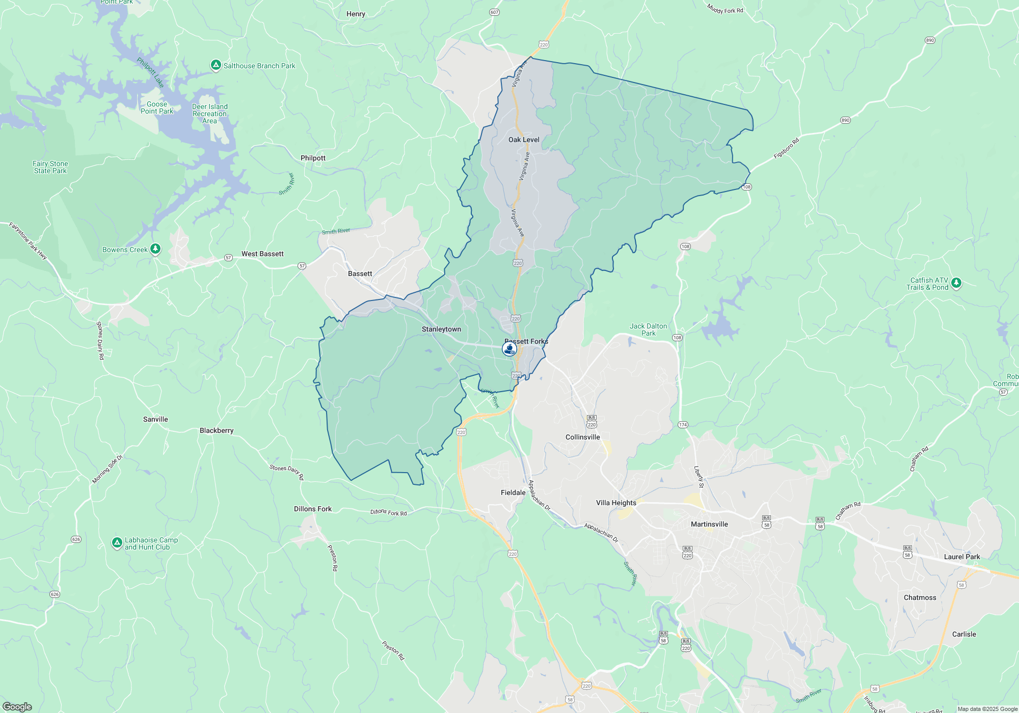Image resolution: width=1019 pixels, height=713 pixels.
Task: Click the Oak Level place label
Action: tap(524, 140)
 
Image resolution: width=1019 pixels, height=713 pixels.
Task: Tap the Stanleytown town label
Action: tap(441, 330)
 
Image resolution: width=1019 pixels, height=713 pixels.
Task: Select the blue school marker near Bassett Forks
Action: tap(509, 349)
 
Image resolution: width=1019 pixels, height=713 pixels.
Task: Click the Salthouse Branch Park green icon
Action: tap(216, 65)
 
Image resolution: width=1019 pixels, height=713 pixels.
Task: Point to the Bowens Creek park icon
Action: tap(155, 249)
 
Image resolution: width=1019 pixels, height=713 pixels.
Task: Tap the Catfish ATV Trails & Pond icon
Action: tap(956, 283)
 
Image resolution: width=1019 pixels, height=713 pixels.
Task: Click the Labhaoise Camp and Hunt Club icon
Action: tap(117, 543)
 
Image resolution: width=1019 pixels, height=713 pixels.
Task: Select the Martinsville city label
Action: tap(709, 524)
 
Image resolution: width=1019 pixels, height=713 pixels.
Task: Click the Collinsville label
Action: tap(582, 437)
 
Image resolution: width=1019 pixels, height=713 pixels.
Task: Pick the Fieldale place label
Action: tap(513, 492)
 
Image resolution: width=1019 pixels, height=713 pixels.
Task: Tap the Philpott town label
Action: tap(313, 158)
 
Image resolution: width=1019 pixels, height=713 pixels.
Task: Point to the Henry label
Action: tap(356, 14)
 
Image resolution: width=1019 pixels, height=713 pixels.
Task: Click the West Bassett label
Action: tap(262, 254)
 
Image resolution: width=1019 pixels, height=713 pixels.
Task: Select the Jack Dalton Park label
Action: tap(648, 330)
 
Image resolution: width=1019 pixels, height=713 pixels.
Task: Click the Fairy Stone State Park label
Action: tap(50, 167)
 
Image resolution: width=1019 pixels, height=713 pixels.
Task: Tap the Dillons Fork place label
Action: tap(312, 509)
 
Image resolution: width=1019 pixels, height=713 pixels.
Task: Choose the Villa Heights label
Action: tap(616, 503)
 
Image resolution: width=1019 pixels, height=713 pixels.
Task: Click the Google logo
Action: tap(17, 706)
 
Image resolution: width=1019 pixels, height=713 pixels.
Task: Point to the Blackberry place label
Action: tap(217, 430)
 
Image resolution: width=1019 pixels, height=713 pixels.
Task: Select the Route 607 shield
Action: tap(494, 12)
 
